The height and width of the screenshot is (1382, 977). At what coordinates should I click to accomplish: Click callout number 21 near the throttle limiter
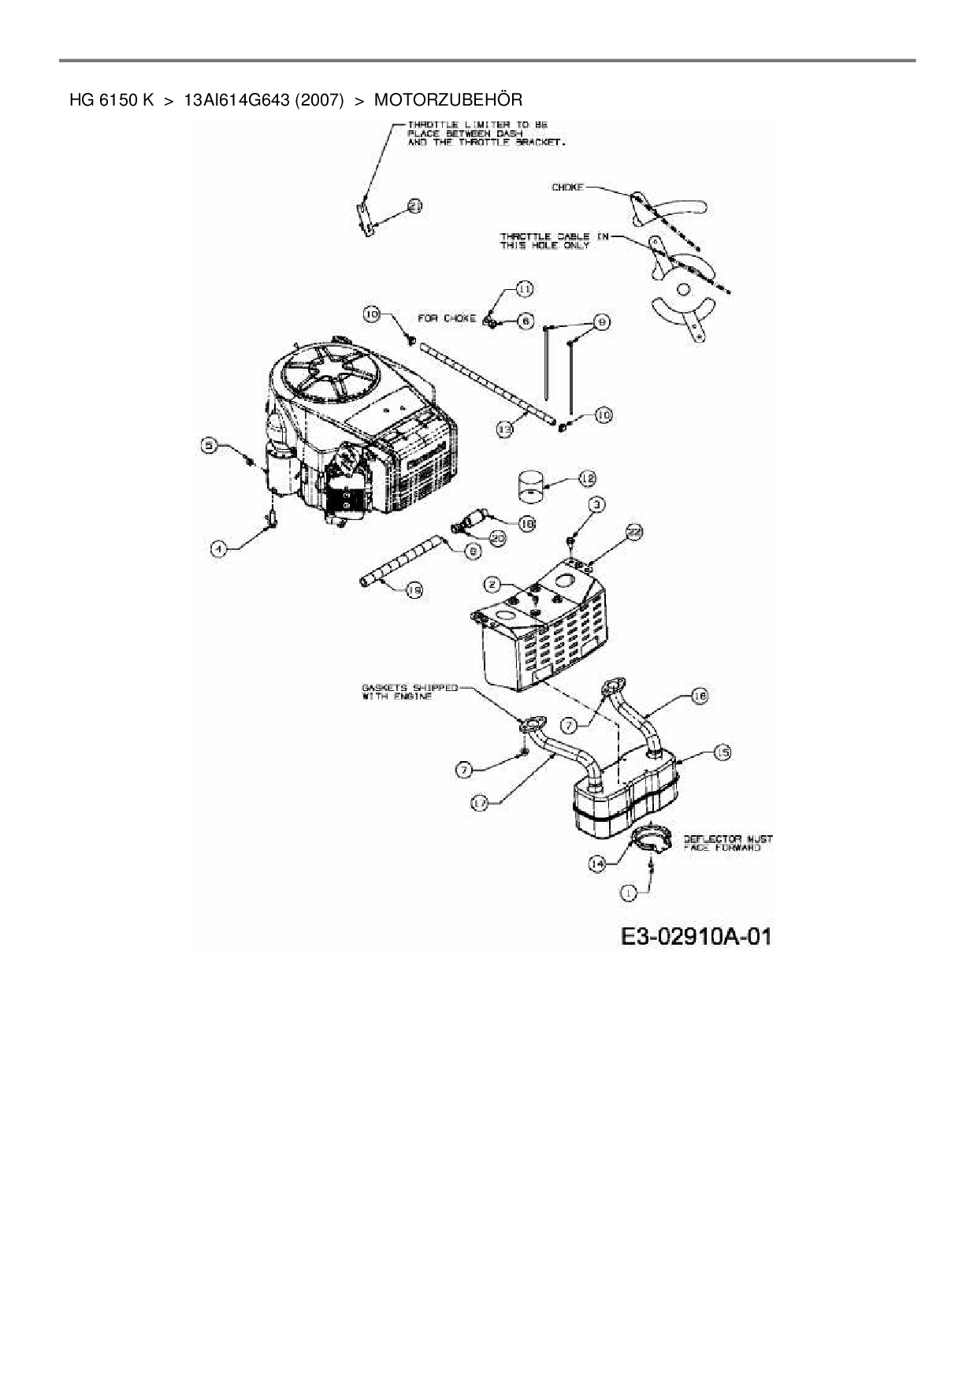pyautogui.click(x=414, y=206)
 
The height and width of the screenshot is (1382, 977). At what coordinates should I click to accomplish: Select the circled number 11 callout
pyautogui.click(x=525, y=289)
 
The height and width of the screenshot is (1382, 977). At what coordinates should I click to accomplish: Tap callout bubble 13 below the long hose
pyautogui.click(x=505, y=429)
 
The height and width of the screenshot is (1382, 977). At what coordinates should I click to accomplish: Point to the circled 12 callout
pyautogui.click(x=587, y=478)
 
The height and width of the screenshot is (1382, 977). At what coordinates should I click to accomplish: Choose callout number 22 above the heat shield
pyautogui.click(x=634, y=534)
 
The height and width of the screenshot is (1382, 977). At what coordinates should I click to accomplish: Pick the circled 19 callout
pyautogui.click(x=413, y=589)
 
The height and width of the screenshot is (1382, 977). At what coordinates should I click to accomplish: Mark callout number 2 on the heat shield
pyautogui.click(x=493, y=584)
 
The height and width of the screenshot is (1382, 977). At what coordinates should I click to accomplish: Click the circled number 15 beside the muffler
pyautogui.click(x=721, y=753)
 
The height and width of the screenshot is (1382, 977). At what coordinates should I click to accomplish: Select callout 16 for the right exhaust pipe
pyautogui.click(x=699, y=695)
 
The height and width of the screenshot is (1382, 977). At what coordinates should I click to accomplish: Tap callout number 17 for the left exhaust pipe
pyautogui.click(x=481, y=802)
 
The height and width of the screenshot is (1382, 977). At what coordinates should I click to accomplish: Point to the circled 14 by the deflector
pyautogui.click(x=597, y=864)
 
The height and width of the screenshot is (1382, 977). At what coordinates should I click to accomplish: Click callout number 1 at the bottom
pyautogui.click(x=628, y=893)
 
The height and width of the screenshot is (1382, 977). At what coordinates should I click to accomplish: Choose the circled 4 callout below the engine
pyautogui.click(x=220, y=548)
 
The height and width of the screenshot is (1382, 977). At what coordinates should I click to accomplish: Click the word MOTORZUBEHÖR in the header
pyautogui.click(x=448, y=100)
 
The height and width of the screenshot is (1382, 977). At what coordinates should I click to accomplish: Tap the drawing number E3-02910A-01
pyautogui.click(x=696, y=937)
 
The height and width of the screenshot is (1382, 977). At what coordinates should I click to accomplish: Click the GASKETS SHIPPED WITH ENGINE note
pyautogui.click(x=410, y=692)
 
